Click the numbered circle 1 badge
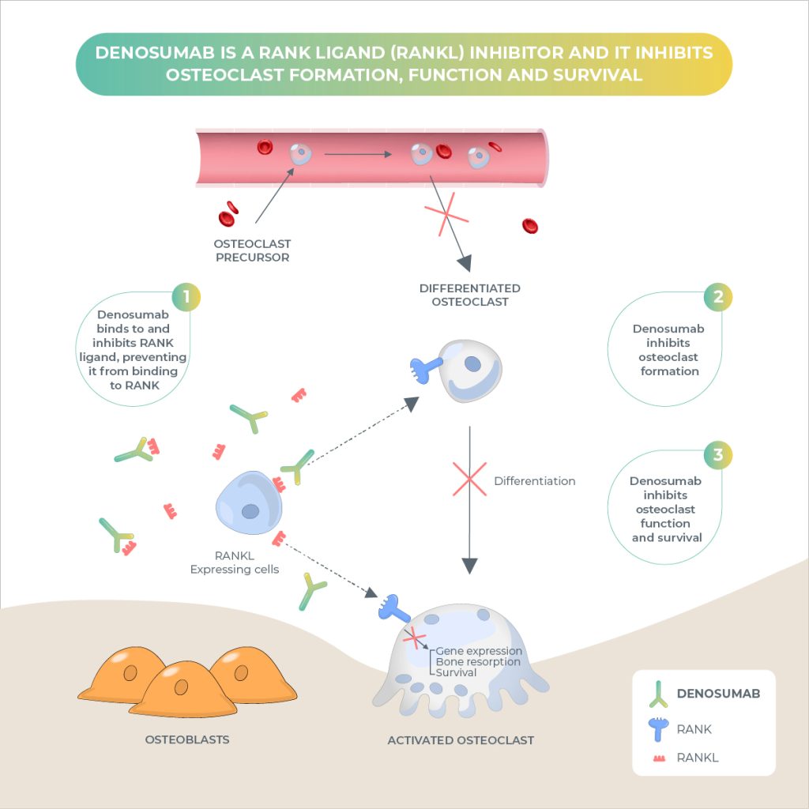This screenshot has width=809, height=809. pos(186,297)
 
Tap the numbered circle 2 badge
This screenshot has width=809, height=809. pos(717,297)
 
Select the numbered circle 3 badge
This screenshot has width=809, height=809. pos(717,455)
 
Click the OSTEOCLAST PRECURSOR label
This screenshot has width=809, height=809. pos(252,250)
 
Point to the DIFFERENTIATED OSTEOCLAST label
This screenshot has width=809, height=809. pos(469,295)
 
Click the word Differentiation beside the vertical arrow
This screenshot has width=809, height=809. pos(535,481)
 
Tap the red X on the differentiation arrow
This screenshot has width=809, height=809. pos(469,479)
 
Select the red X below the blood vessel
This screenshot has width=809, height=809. pos(446,214)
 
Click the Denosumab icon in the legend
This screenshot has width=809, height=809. pos(658,694)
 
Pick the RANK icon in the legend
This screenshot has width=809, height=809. pos(658,729)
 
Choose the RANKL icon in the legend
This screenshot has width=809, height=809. pos(660,758)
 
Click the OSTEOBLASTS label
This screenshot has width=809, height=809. pos(187,739)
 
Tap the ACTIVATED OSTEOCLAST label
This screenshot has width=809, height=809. pos(461,739)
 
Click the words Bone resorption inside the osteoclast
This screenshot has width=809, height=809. pos(478,661)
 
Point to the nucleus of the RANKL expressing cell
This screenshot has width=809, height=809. pos(250,511)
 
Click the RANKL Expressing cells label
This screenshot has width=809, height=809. pos(234,563)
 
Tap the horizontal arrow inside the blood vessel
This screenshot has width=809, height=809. pos(358,154)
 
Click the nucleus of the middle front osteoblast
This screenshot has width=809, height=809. pos(181,687)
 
